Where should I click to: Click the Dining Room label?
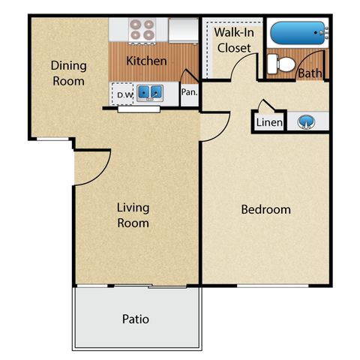pos(69,73)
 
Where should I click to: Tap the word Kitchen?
pos(146,61)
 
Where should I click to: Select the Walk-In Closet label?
pos(234,40)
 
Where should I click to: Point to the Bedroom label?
pos(266,209)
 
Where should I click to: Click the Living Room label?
pos(133,215)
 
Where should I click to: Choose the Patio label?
pos(136,319)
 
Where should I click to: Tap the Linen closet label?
pos(269,122)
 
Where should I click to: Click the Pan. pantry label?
pos(190,92)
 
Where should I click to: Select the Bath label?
pos(310,73)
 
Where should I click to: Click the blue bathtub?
pos(298,33)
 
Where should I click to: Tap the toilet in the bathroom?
pos(281,64)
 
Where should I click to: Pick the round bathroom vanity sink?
pos(306,122)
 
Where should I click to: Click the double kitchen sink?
pos(150,93)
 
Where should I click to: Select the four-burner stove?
pos(142,31)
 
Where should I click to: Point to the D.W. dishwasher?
pos(122,94)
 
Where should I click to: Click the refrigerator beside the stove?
pos(184,30)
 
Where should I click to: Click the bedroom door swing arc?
pos(222,133)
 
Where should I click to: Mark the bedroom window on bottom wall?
pos(273,286)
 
